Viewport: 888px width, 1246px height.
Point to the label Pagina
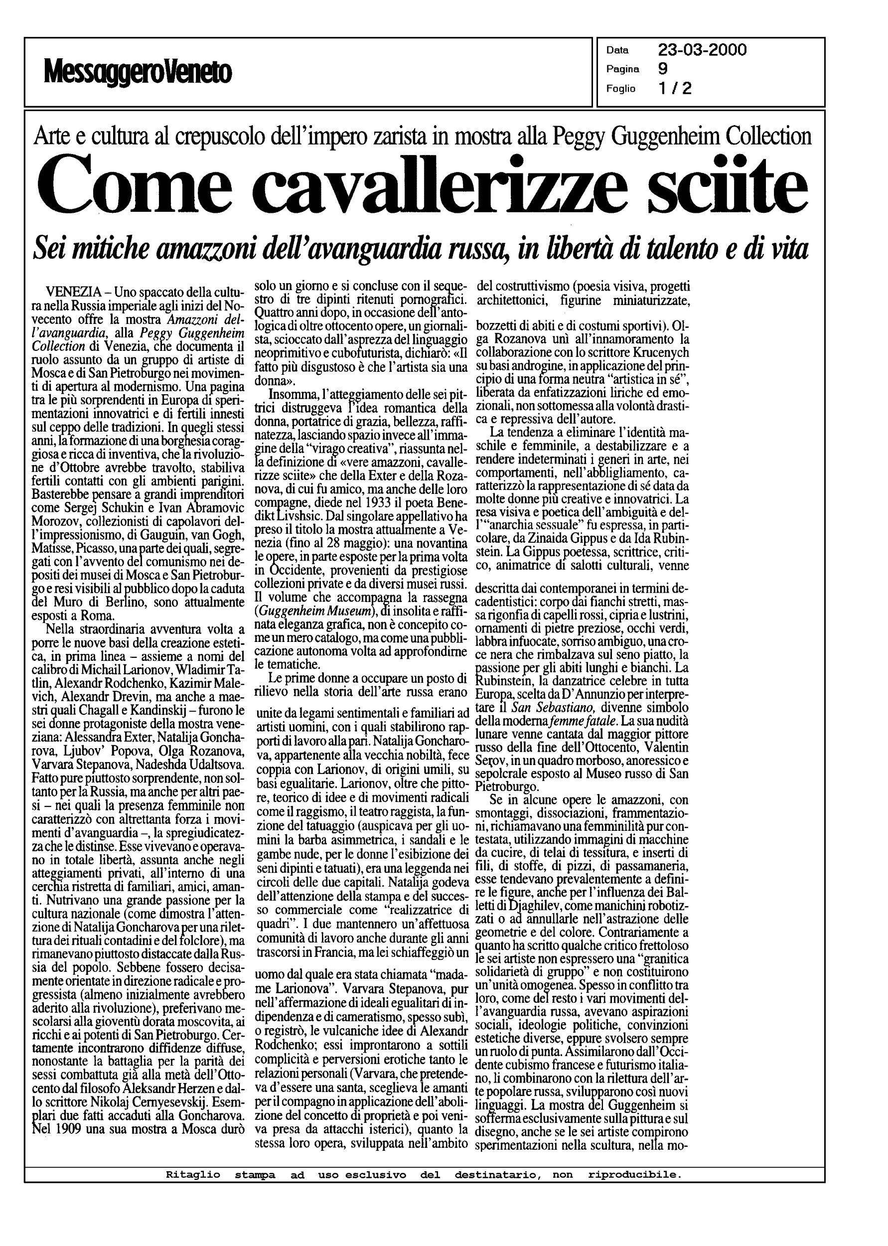(x=623, y=69)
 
